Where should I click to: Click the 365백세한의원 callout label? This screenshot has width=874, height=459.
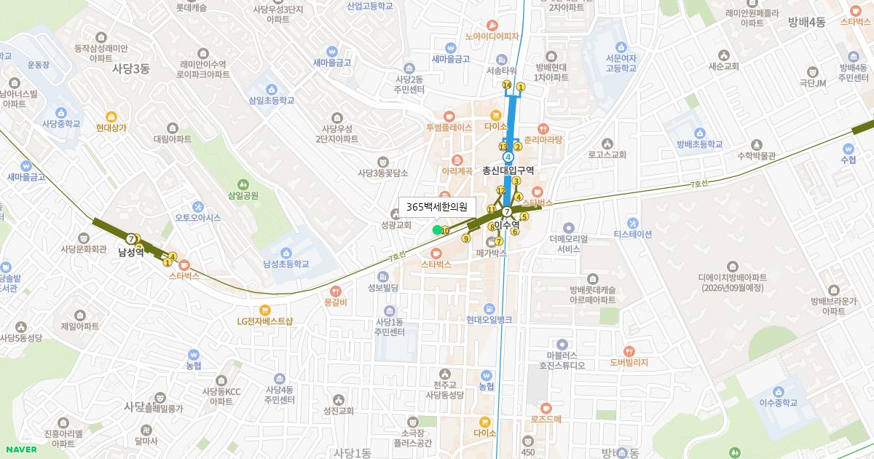pyautogui.click(x=437, y=207)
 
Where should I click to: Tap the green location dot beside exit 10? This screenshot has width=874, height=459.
pyautogui.click(x=437, y=229)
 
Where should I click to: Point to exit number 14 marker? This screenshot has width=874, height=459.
pyautogui.click(x=507, y=86)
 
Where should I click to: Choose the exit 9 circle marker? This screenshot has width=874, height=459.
pyautogui.click(x=466, y=238)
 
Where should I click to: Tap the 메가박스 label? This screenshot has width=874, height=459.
pyautogui.click(x=491, y=253)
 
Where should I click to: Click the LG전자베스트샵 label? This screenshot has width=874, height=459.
pyautogui.click(x=264, y=321)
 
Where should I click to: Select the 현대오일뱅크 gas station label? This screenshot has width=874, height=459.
pyautogui.click(x=489, y=320)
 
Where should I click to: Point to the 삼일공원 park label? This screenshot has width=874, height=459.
pyautogui.click(x=243, y=195)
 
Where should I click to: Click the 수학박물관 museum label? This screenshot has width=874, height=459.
pyautogui.click(x=756, y=154)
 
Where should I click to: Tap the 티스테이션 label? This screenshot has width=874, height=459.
pyautogui.click(x=633, y=234)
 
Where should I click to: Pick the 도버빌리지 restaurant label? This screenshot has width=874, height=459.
pyautogui.click(x=629, y=362)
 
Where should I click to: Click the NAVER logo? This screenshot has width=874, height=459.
pyautogui.click(x=20, y=449)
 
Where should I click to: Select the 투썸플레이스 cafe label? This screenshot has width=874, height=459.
pyautogui.click(x=449, y=126)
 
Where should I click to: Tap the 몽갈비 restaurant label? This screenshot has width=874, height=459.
pyautogui.click(x=336, y=302)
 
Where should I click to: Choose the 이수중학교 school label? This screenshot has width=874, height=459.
pyautogui.click(x=779, y=402)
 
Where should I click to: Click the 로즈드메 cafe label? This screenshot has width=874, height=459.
pyautogui.click(x=546, y=419)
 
